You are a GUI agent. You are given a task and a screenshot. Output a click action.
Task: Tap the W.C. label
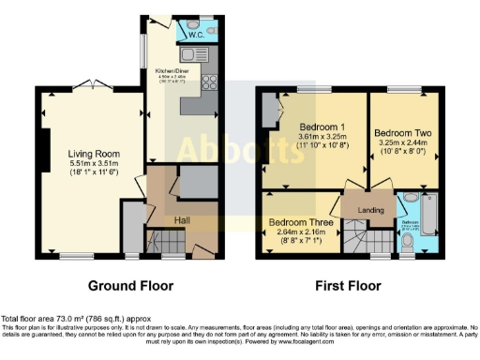pyautogui.click(x=196, y=35)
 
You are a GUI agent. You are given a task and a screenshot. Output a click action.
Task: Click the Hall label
pyautogui.click(x=185, y=219)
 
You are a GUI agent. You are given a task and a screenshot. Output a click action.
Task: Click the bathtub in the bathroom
pyautogui.click(x=429, y=216)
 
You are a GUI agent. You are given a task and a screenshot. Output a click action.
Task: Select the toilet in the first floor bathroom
pyautogui.click(x=406, y=242)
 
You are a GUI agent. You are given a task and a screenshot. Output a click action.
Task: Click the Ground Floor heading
pyautogui.click(x=128, y=284)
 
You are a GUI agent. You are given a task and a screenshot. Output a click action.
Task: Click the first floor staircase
pyautogui.click(x=357, y=238)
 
